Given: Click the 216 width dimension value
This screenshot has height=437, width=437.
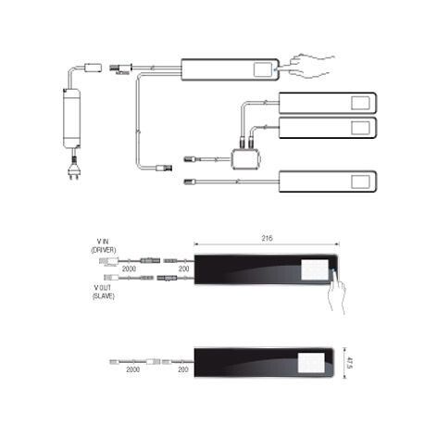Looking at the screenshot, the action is point(267,238).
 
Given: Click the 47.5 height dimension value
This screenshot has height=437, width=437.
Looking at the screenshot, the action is point(350,363).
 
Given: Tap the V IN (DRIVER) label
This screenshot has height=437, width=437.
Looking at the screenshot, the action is point(104,246).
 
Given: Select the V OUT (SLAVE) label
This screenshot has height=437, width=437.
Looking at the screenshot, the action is point(104,292).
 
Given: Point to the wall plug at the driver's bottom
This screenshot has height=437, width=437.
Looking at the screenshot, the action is point(74,173).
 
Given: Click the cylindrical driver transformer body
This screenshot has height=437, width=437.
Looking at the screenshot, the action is point(72,119).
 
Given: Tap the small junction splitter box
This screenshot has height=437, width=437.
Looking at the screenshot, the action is point(245,159).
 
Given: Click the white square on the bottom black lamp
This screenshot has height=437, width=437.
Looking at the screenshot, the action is point(311,363).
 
